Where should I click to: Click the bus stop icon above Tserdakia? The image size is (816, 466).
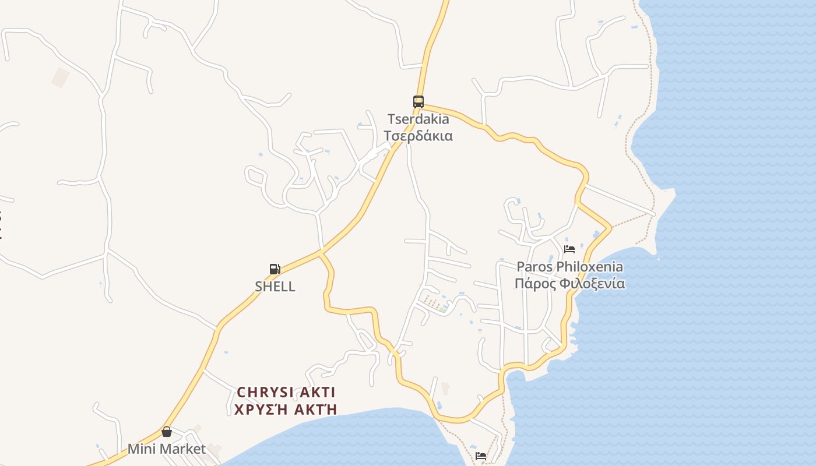(x=418, y=101)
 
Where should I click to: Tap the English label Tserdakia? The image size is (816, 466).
(x=418, y=119)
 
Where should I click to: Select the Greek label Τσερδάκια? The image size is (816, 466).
(x=418, y=136)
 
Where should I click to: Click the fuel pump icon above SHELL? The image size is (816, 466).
(x=275, y=269)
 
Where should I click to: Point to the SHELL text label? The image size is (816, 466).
(x=275, y=287)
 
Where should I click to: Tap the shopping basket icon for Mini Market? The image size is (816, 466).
(x=167, y=432)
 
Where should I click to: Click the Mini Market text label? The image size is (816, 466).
(x=167, y=449)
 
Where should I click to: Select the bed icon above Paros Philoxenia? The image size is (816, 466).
(x=569, y=249)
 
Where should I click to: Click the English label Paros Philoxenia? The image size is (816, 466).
(x=569, y=267)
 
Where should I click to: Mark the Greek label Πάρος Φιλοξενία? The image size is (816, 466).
(x=569, y=284)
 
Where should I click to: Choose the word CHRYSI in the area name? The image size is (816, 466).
(x=266, y=392)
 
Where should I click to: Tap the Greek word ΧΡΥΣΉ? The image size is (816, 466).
(x=258, y=409)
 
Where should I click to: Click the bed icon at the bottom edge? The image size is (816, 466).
(x=481, y=456)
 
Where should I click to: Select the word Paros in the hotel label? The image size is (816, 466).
(x=534, y=267)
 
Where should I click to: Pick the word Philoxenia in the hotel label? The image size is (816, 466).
(x=589, y=267)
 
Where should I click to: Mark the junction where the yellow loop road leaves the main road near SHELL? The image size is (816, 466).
(x=320, y=253)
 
